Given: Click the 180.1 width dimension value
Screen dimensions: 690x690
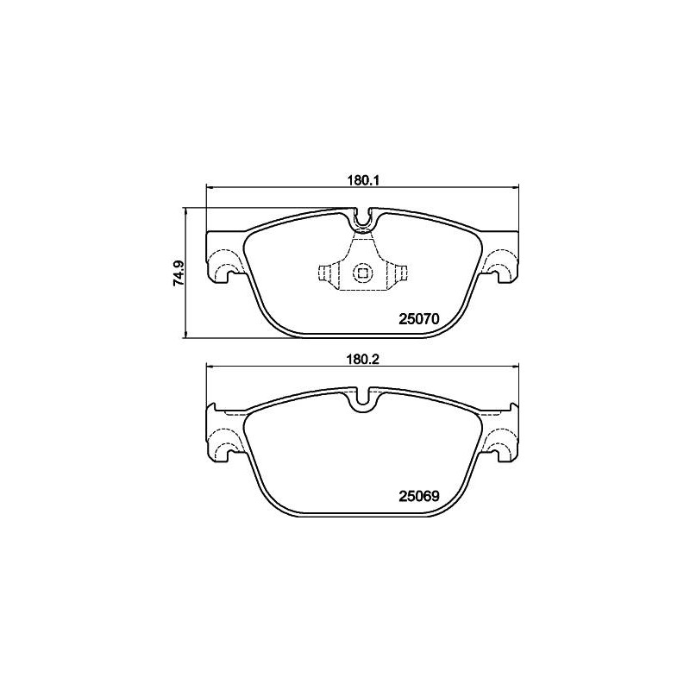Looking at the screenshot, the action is pyautogui.click(x=363, y=180).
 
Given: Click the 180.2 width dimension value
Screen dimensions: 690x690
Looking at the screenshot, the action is pyautogui.click(x=363, y=359).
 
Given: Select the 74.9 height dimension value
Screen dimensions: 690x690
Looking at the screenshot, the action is pyautogui.click(x=179, y=273).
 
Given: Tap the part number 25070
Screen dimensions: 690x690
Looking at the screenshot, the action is pyautogui.click(x=419, y=319).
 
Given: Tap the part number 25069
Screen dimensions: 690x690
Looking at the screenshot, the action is pyautogui.click(x=419, y=497).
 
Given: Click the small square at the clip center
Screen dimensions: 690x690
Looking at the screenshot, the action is pyautogui.click(x=362, y=273).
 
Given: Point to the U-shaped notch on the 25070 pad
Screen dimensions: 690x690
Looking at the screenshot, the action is pyautogui.click(x=363, y=219).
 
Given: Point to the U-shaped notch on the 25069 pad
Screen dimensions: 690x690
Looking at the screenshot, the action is pyautogui.click(x=363, y=398).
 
